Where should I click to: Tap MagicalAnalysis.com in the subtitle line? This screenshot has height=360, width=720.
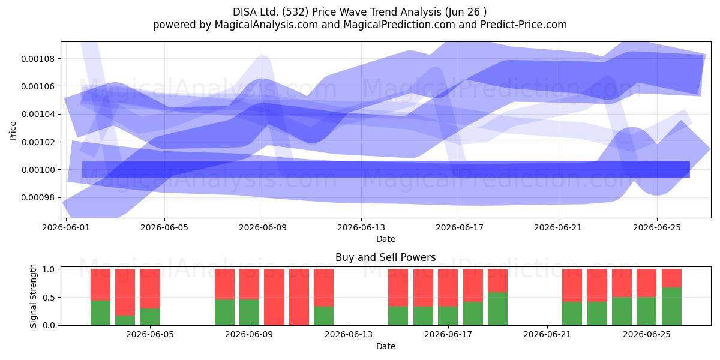point(266,25)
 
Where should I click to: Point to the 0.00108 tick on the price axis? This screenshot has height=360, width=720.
point(38,59)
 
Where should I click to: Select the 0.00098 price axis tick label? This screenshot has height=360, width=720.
point(38,197)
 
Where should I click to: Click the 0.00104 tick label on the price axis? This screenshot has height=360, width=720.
point(38,115)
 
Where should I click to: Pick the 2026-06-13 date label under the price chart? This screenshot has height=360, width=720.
point(361,227)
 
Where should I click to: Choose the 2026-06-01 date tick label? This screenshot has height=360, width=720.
point(66,227)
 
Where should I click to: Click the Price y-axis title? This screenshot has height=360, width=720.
point(13,131)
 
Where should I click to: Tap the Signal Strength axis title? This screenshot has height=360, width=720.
point(33,296)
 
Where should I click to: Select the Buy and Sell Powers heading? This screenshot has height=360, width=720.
point(385,257)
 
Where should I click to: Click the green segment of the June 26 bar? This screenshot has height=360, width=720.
point(671,307)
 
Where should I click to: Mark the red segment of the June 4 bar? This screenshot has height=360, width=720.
point(150,289)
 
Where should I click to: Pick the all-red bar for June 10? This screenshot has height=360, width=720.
point(274,297)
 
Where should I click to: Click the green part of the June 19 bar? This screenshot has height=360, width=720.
point(497,308)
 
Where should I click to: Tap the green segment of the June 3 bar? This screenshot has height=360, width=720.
point(125,320)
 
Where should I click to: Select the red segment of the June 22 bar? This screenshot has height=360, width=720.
point(572,286)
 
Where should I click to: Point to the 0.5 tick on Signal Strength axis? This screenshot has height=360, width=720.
point(49,298)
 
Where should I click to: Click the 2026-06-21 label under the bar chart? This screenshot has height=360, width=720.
point(547,335)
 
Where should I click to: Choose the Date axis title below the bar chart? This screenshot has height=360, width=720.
point(386,347)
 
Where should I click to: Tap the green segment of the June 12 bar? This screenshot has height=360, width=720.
point(323,316)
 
